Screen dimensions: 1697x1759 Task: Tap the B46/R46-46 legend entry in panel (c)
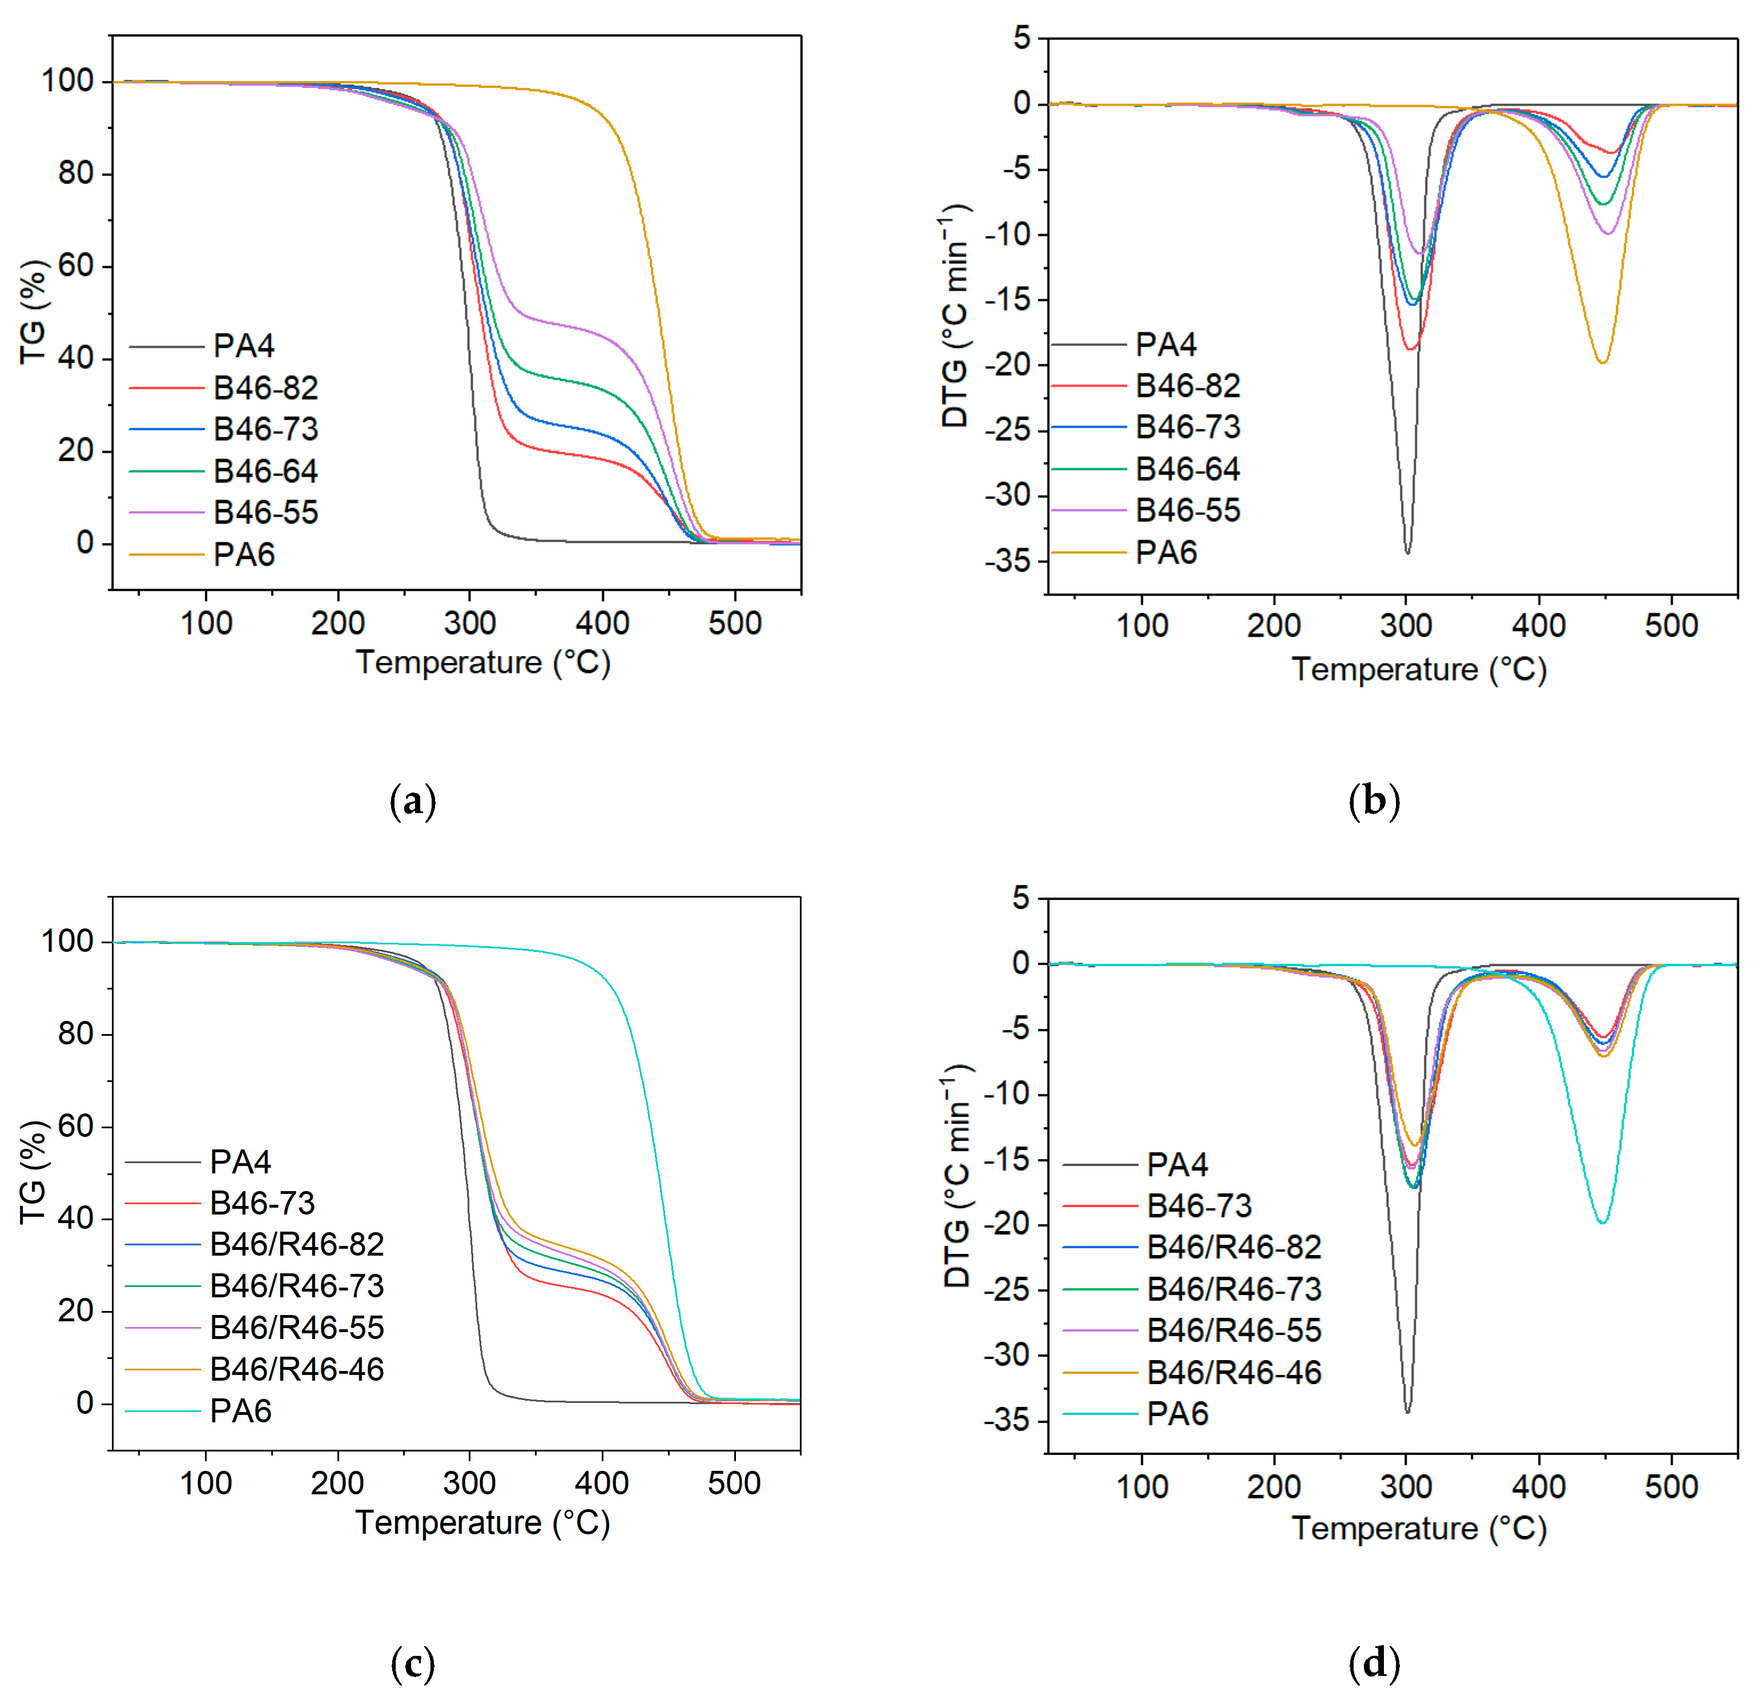[x=296, y=1369]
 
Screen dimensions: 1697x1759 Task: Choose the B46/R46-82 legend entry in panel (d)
[x=1233, y=1246]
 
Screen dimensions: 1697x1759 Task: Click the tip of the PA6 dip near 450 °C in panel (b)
[x=1602, y=361]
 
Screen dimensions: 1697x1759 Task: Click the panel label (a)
[x=413, y=799]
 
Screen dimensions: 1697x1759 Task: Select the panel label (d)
[x=1373, y=1663]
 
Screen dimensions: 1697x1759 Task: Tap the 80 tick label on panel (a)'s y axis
[x=75, y=173]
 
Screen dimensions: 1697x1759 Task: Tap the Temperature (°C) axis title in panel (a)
[x=483, y=662]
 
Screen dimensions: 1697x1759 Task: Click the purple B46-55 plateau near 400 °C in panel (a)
[x=583, y=329]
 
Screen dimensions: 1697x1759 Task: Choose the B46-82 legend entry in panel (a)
[x=265, y=388]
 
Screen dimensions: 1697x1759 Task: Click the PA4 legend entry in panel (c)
[x=240, y=1161]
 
